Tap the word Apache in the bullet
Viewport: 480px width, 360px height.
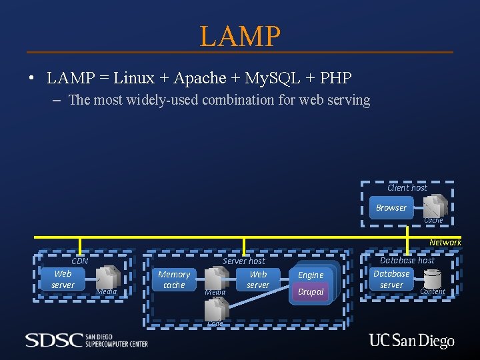199,78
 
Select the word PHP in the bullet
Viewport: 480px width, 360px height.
335,78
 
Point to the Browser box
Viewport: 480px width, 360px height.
391,208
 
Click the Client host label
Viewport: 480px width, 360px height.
407,188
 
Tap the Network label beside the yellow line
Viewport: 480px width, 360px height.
445,243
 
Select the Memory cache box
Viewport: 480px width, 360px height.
174,280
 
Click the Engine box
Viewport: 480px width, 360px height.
311,275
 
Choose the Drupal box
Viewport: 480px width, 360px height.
311,292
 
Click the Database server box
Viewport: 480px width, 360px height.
391,279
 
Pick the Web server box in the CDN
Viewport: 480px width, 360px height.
63,279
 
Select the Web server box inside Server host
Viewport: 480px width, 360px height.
258,279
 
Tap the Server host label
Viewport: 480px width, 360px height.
243,261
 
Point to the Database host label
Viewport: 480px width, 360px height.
407,261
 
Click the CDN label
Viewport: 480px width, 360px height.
80,261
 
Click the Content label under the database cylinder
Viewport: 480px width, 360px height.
433,291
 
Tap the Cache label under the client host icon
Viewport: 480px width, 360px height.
433,220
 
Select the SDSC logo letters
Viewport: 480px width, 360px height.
54,340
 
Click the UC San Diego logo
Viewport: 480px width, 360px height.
411,341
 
